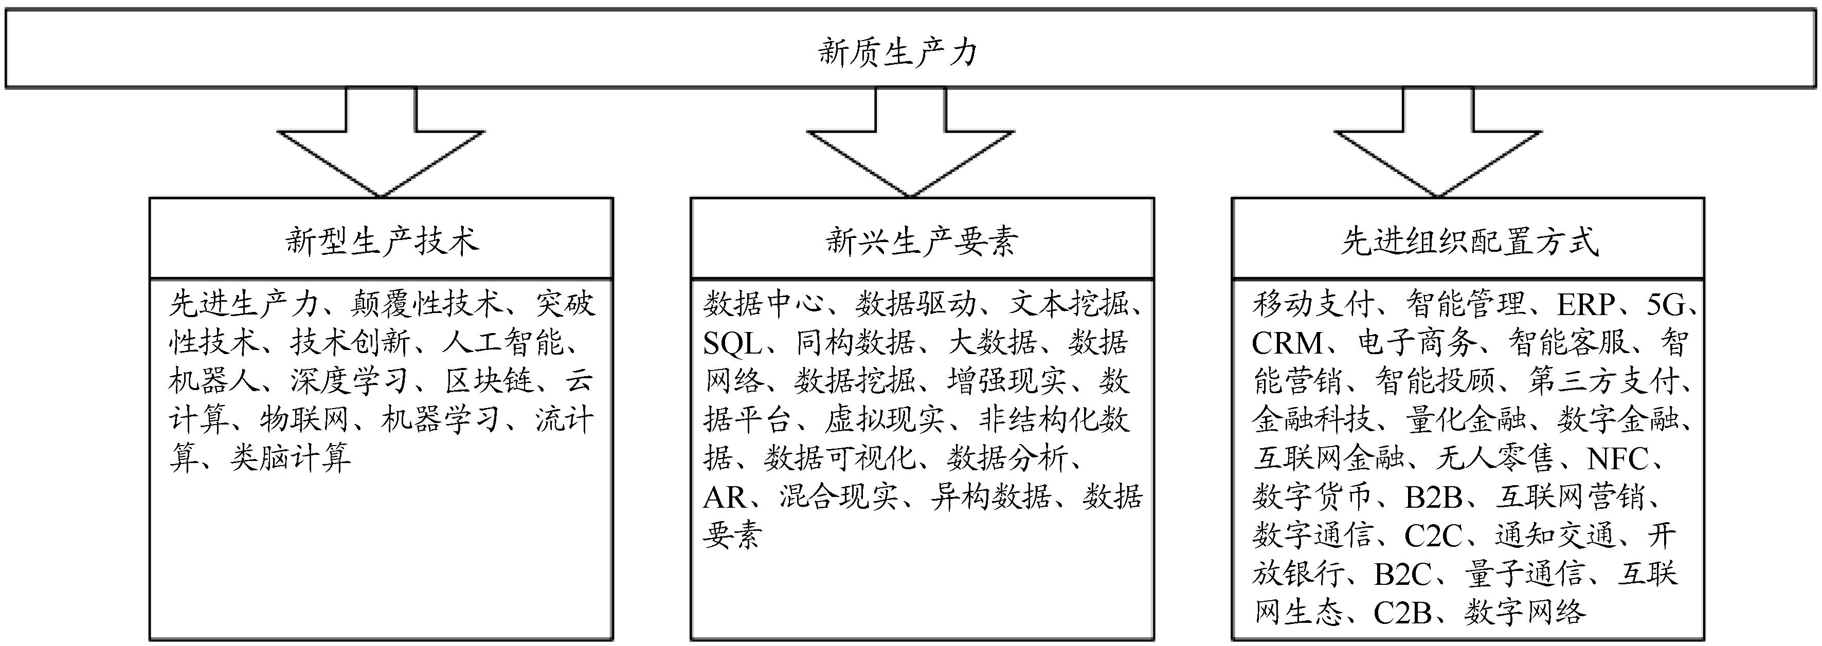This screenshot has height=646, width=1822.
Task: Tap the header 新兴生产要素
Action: pyautogui.click(x=922, y=241)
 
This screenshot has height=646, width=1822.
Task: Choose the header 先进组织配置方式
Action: pyautogui.click(x=1470, y=241)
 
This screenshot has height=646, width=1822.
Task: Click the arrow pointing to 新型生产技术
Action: pyautogui.click(x=381, y=149)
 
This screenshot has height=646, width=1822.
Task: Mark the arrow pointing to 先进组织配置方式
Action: pyautogui.click(x=1438, y=149)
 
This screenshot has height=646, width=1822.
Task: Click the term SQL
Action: pyautogui.click(x=732, y=343)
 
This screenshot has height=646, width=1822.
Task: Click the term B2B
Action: pyautogui.click(x=1433, y=497)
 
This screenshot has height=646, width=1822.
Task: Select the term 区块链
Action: pyautogui.click(x=489, y=382)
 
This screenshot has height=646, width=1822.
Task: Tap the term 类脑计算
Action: pyautogui.click(x=290, y=459)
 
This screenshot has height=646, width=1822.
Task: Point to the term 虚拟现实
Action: pyautogui.click(x=883, y=420)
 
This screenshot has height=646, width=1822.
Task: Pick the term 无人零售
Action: pyautogui.click(x=1494, y=459)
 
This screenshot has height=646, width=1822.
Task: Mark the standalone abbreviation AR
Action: pyautogui.click(x=724, y=497)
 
